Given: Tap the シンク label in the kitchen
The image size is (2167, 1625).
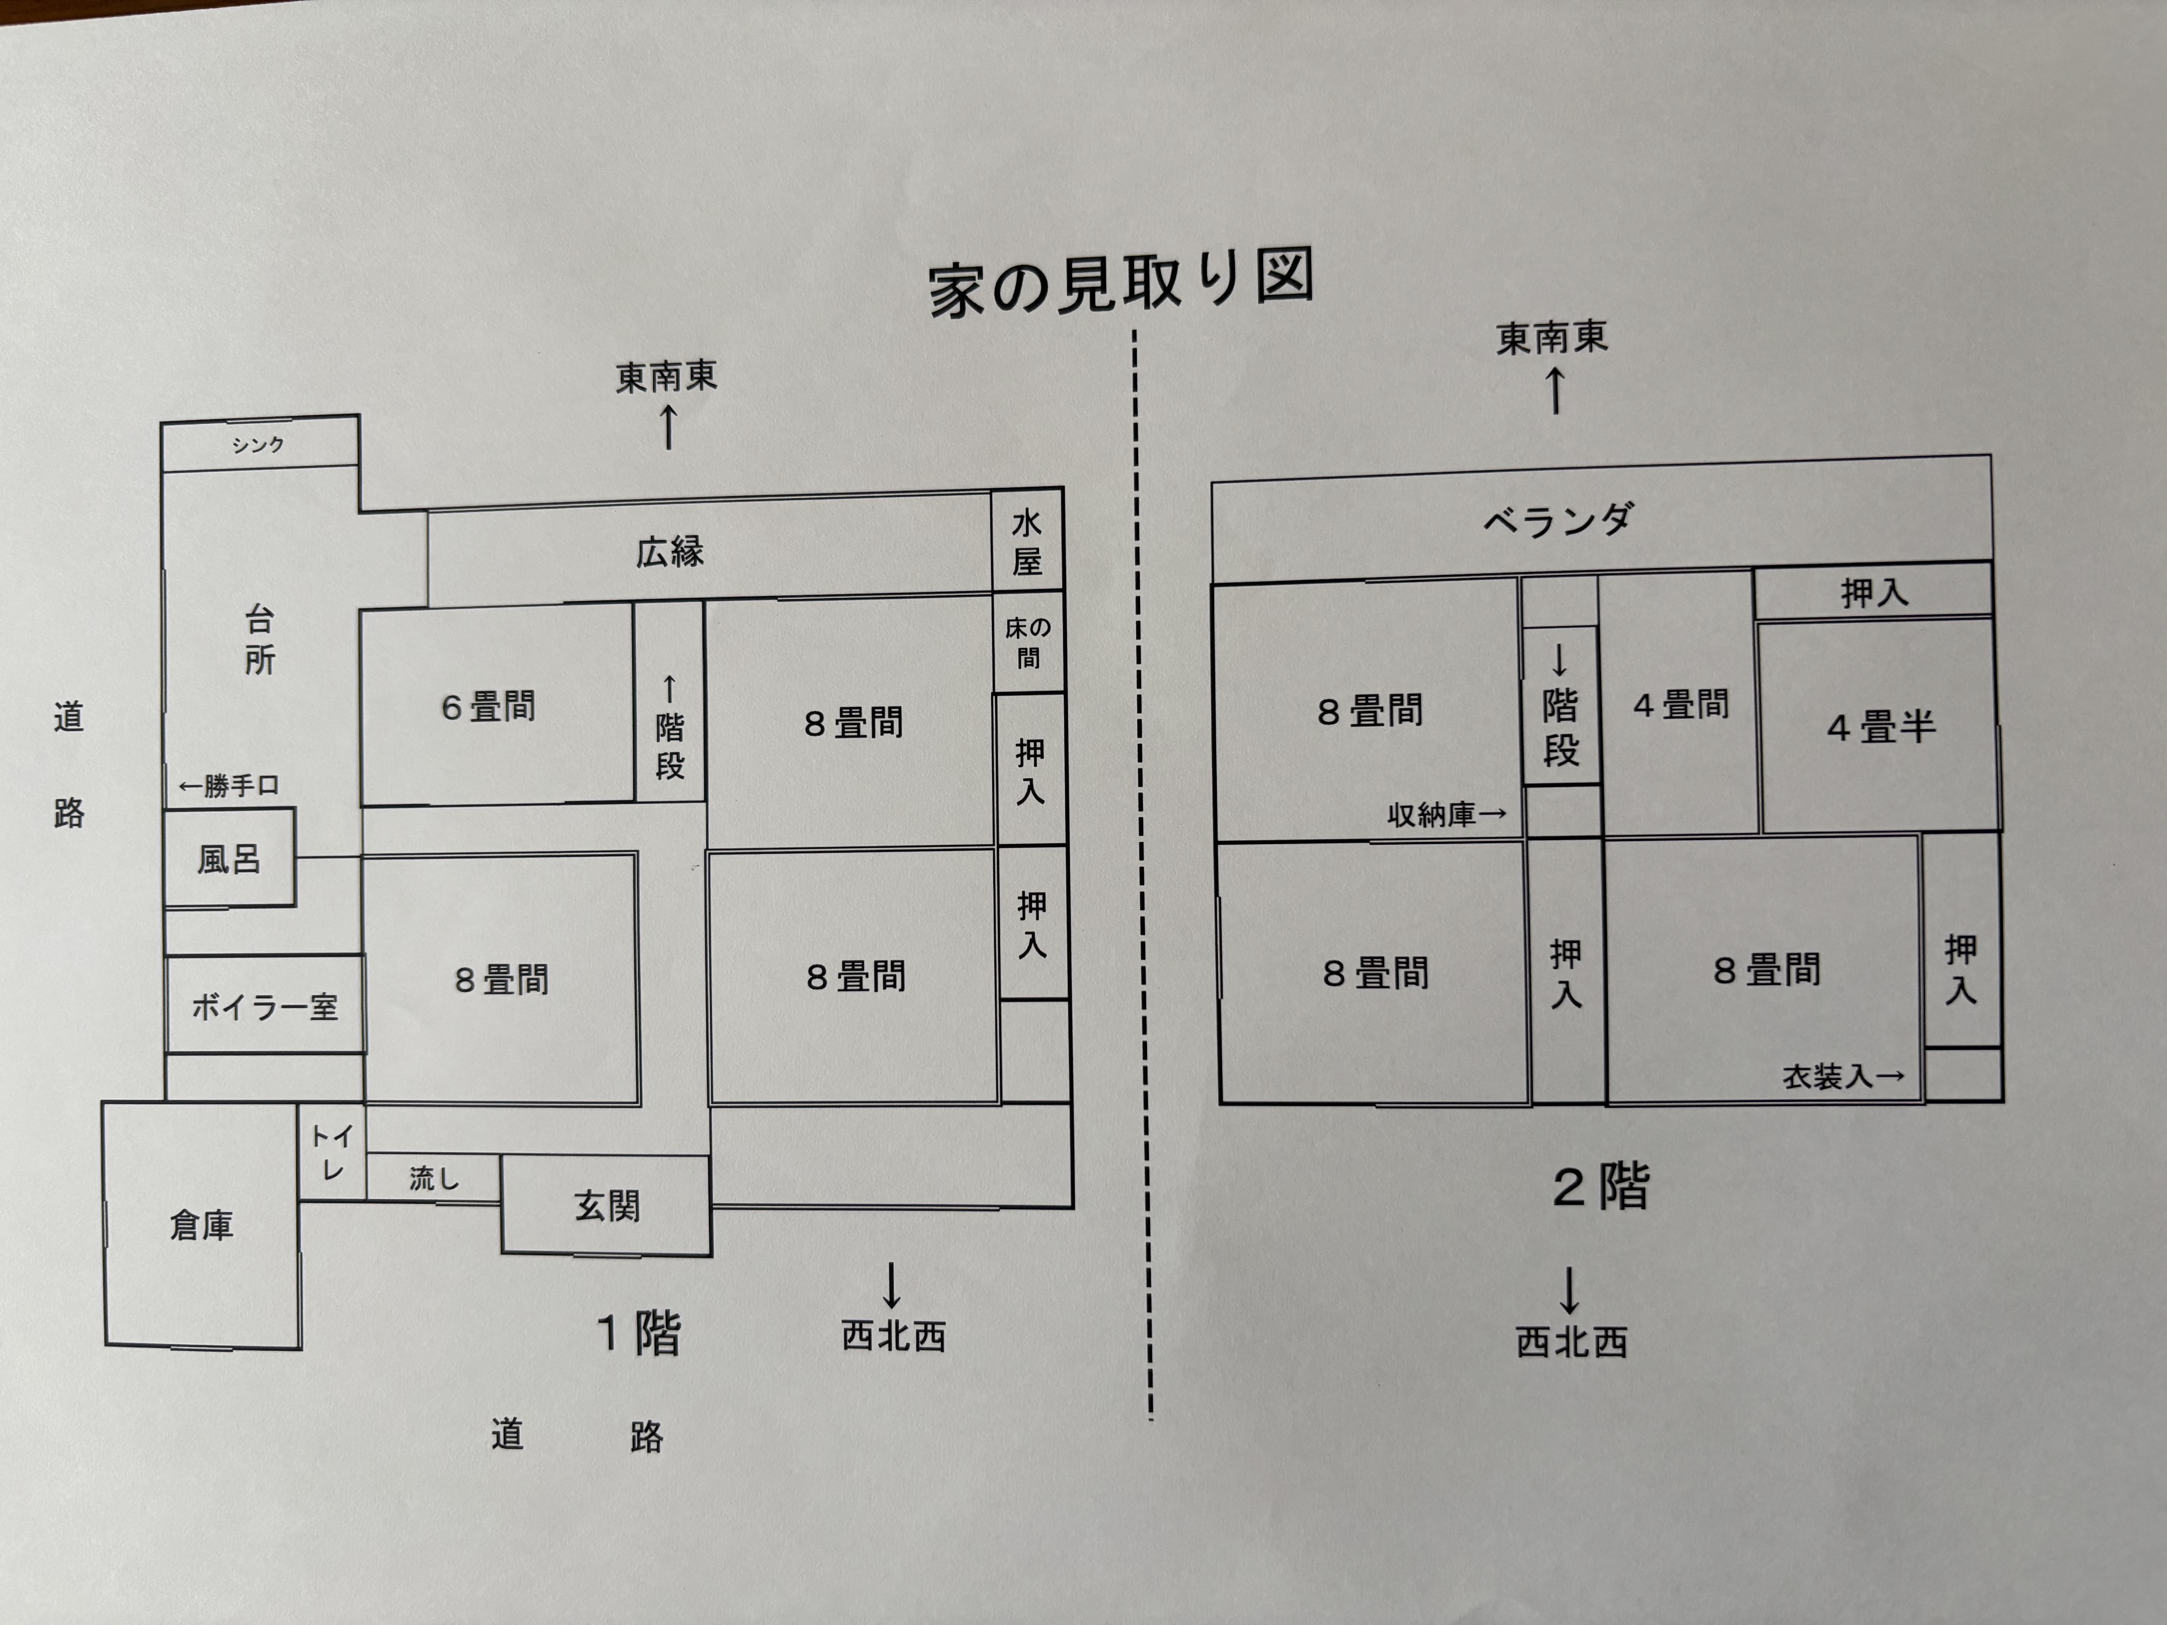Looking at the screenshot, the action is pos(258,445).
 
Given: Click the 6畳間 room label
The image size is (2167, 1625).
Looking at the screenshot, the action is pos(488,706).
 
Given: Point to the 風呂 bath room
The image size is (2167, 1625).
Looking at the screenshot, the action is pos(229,858).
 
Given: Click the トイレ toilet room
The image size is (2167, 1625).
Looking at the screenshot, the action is pos(332,1152).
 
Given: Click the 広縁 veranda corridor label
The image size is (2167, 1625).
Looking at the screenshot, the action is pos(670,552).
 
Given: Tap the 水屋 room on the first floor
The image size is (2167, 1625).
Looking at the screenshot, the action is pos(1027,542).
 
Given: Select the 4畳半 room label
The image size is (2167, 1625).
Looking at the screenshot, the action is pos(1881,727).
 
